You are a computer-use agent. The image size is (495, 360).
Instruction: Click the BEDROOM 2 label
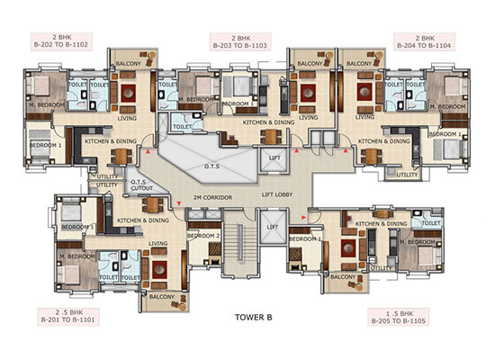(x=203, y=236)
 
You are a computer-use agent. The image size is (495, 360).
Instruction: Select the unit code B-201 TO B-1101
(x=65, y=319)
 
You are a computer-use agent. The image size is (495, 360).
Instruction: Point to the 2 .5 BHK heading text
(x=65, y=310)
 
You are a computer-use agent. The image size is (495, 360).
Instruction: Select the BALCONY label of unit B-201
(x=162, y=296)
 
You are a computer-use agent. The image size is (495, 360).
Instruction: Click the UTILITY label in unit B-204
(x=407, y=175)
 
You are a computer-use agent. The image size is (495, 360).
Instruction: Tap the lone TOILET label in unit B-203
(x=183, y=128)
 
